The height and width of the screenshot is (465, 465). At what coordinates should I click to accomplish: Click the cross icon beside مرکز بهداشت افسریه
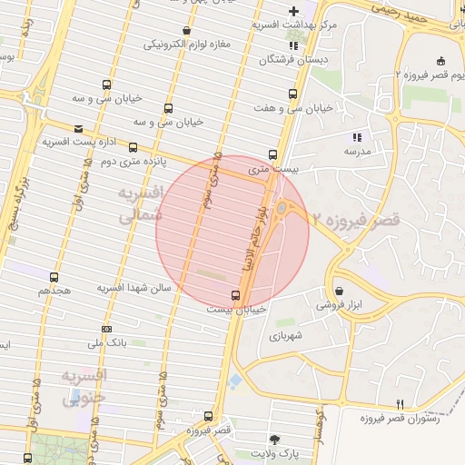[x=293, y=10]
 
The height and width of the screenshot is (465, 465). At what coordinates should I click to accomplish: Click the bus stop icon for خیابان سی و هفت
[x=292, y=94]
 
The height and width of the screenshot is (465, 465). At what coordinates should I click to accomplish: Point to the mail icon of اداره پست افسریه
[x=78, y=129]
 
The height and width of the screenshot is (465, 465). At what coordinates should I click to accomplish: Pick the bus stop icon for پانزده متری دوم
[x=134, y=146]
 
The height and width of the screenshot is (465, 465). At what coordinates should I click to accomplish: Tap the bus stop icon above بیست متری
[x=272, y=154]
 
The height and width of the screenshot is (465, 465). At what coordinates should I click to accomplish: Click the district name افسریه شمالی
[x=141, y=204]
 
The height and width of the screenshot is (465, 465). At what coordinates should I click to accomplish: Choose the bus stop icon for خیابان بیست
[x=236, y=295]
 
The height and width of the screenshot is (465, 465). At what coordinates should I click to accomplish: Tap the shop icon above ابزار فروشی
[x=339, y=292]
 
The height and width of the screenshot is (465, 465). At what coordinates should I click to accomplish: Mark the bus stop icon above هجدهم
[x=54, y=277]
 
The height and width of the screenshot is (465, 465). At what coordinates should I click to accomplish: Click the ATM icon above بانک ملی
[x=107, y=329]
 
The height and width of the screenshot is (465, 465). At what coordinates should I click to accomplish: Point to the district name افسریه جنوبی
[x=84, y=385]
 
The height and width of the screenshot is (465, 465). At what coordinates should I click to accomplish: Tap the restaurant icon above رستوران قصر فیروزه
[x=399, y=403]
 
